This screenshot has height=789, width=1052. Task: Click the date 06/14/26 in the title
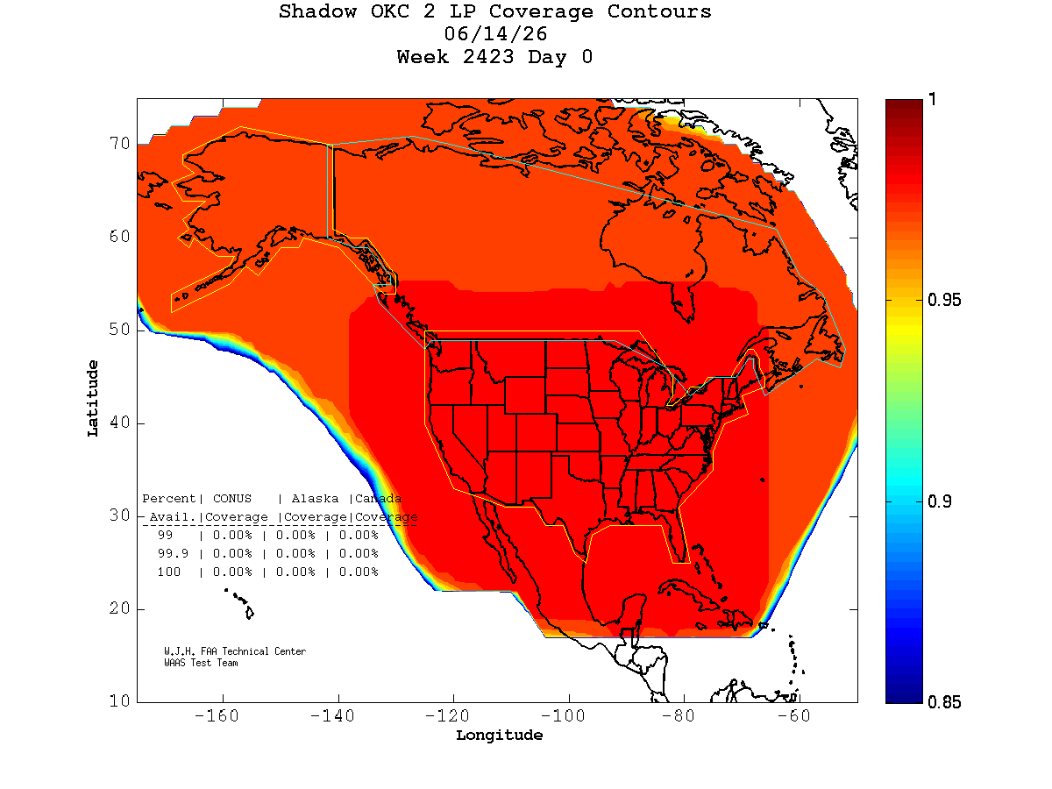pyautogui.click(x=494, y=34)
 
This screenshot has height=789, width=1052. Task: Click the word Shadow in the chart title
pyautogui.click(x=317, y=11)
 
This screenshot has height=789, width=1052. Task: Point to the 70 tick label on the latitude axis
pyautogui.click(x=119, y=143)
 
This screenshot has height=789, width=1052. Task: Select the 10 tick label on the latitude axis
pyautogui.click(x=119, y=700)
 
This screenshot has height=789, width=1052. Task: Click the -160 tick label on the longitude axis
pyautogui.click(x=217, y=715)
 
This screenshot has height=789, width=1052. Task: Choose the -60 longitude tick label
pyautogui.click(x=793, y=715)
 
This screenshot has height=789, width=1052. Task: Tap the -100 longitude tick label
pyautogui.click(x=563, y=715)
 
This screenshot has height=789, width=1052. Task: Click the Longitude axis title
pyautogui.click(x=499, y=736)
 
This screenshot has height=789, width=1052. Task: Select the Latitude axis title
pyautogui.click(x=93, y=398)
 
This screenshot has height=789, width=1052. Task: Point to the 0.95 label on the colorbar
pyautogui.click(x=943, y=300)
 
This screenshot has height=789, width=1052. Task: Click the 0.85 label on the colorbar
pyautogui.click(x=943, y=702)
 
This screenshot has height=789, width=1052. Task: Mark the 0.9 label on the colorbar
pyautogui.click(x=939, y=501)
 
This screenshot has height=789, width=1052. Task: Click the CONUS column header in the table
pyautogui.click(x=232, y=499)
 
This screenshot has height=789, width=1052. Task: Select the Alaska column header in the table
pyautogui.click(x=315, y=499)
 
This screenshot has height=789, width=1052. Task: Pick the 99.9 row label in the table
pyautogui.click(x=173, y=553)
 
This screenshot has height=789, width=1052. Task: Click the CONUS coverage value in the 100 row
pyautogui.click(x=232, y=572)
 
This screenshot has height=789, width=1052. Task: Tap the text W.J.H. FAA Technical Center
pyautogui.click(x=235, y=651)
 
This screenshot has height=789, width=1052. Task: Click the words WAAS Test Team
pyautogui.click(x=201, y=663)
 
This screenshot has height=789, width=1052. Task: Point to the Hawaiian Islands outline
pyautogui.click(x=240, y=604)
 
